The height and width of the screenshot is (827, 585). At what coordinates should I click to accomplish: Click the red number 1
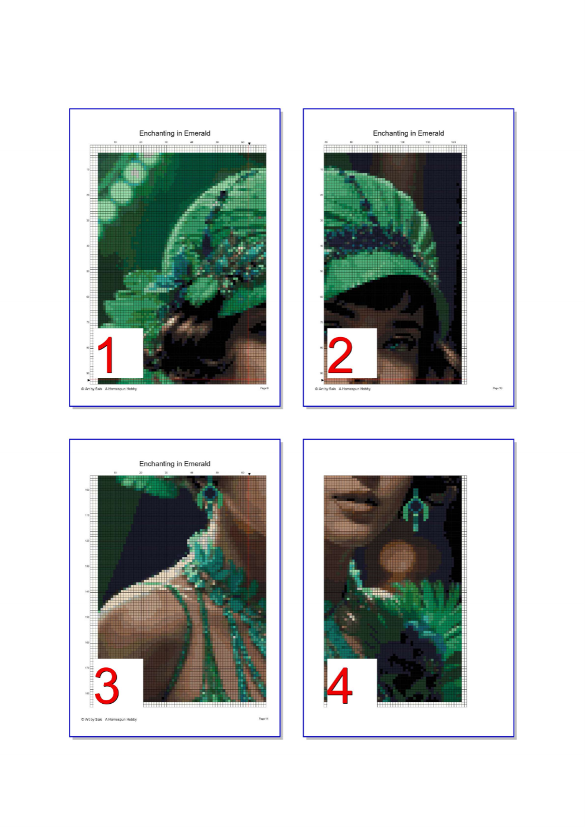[107, 355]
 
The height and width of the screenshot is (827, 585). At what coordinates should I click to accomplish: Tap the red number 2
[340, 355]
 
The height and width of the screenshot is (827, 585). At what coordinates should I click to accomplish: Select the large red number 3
[107, 686]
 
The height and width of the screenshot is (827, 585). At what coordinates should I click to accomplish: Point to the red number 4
[340, 686]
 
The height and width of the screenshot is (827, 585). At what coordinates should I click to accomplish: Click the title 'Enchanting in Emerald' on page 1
[175, 133]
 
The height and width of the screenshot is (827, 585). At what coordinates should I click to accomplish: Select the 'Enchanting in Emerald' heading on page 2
[408, 133]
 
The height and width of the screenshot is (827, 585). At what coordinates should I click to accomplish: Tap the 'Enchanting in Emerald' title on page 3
[175, 464]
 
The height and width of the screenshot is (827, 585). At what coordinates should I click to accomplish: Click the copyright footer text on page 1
[109, 389]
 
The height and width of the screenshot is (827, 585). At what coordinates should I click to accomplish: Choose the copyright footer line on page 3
[109, 719]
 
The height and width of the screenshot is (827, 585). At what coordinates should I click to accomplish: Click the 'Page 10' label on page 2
[497, 388]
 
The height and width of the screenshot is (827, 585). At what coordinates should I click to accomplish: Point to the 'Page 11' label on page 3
[264, 719]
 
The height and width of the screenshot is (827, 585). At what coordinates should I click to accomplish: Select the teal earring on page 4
[416, 510]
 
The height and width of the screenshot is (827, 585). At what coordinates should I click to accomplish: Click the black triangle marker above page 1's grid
[249, 143]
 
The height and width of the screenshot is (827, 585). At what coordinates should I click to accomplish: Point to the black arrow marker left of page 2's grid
[322, 380]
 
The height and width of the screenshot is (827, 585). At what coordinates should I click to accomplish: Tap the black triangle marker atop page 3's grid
[249, 474]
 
